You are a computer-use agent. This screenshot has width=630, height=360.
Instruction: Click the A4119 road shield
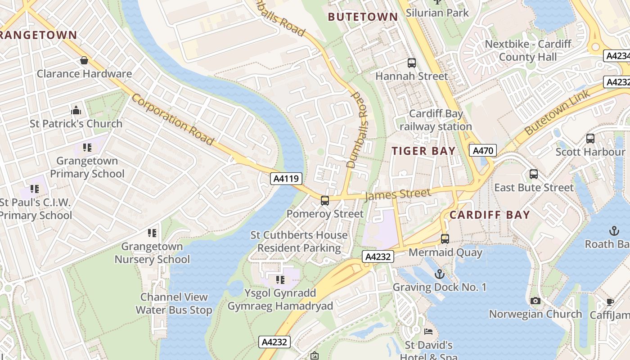coord(286,179)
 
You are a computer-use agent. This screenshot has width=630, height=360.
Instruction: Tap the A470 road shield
coord(483,150)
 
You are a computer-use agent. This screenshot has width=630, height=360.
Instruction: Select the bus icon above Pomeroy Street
coord(324,201)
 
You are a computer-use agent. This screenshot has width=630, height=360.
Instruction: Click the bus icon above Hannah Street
coord(411,63)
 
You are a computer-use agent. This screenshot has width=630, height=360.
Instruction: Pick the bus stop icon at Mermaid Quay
coord(445,239)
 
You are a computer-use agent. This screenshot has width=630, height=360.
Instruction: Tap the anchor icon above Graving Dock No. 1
coord(439,274)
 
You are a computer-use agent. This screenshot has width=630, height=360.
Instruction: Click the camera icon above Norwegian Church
coord(535,301)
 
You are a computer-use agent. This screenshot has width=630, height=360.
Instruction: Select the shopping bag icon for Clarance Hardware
coord(84,60)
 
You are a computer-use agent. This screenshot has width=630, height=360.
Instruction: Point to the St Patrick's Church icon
coord(76,110)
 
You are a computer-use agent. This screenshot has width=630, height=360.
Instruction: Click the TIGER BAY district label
coord(423,151)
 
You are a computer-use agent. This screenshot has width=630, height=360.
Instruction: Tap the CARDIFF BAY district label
coord(490,215)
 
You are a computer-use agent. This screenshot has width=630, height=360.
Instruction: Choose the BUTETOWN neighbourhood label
coord(363,17)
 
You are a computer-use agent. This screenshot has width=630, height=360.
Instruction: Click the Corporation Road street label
coord(172,120)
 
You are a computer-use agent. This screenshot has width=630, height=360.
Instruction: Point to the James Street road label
coord(397,194)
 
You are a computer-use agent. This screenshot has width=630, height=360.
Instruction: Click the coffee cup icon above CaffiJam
coord(610,301)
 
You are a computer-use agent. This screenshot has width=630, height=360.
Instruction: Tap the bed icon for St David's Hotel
coord(428,332)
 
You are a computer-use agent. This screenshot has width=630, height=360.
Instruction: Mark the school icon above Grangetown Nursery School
coord(152,233)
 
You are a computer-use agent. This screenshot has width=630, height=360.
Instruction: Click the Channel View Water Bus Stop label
coord(174,303)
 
